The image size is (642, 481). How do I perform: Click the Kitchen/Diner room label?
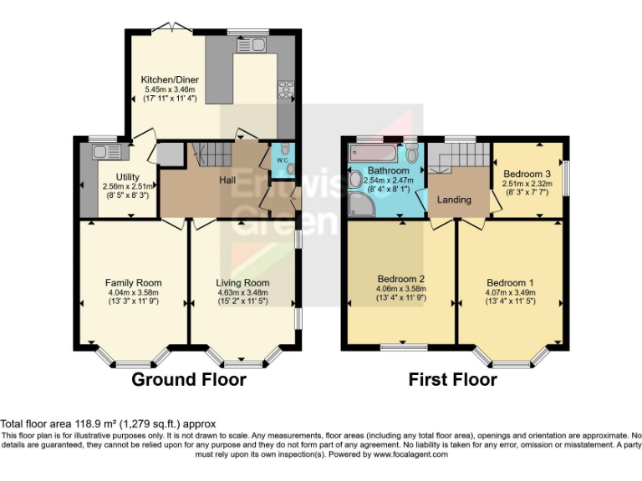(170, 79)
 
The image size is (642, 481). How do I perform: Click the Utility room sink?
(106, 152)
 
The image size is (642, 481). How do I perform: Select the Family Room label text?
(133, 282)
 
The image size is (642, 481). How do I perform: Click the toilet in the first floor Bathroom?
(411, 153)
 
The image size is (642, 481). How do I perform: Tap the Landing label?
(454, 200)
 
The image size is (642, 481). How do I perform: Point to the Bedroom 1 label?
(510, 282)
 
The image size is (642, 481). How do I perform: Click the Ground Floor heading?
(189, 380)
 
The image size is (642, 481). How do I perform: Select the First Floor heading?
(452, 380)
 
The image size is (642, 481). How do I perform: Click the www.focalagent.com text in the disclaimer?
(410, 454)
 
